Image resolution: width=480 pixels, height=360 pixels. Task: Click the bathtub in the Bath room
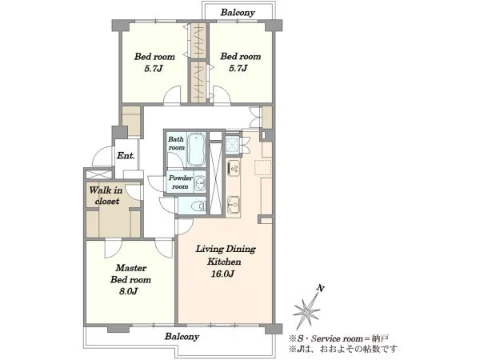196,150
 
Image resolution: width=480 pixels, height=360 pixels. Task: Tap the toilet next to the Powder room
198,206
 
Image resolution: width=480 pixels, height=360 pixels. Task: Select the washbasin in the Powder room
201,183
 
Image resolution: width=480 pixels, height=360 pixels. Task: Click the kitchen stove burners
234,168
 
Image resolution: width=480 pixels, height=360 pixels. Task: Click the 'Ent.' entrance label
126,155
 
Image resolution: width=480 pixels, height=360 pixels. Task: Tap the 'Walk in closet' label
106,196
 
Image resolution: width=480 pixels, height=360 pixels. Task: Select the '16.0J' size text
222,274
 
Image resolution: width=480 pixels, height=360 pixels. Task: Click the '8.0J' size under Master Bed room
128,291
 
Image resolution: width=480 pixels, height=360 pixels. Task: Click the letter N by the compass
321,288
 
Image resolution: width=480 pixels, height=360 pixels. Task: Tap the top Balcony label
238,13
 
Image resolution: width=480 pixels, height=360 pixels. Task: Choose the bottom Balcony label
182,337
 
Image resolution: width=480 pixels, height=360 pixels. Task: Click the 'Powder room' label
181,182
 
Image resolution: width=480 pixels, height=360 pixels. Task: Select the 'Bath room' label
176,143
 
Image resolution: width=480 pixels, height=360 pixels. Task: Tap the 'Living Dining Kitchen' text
226,255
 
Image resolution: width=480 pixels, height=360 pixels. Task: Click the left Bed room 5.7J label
154,62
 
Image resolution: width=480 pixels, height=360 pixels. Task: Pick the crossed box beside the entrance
98,174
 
